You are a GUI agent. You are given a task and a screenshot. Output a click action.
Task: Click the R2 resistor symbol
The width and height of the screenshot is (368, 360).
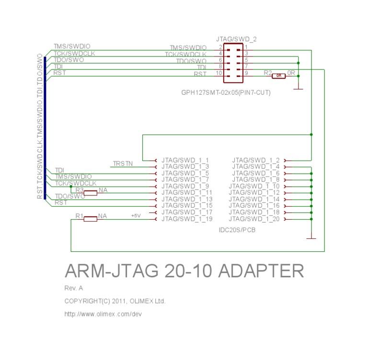tap(278, 76)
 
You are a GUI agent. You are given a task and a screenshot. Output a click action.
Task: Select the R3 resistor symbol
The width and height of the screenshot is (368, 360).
tap(90, 193)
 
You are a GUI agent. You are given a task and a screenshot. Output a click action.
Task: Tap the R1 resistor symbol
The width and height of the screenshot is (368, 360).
tap(90, 219)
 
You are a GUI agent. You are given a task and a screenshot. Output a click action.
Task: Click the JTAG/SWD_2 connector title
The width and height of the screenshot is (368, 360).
tap(236, 39)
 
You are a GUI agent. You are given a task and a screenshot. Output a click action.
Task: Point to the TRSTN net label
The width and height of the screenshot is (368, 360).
tap(123, 164)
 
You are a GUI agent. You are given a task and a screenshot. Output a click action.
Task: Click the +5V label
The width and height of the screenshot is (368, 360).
tap(136, 216)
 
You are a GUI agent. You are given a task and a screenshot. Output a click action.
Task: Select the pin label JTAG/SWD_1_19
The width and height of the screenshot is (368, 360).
tap(187, 219)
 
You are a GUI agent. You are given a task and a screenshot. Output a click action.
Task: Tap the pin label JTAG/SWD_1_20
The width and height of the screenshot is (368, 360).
tap(254, 219)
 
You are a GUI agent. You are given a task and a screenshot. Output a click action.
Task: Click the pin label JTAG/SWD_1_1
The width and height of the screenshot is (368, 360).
tap(185, 160)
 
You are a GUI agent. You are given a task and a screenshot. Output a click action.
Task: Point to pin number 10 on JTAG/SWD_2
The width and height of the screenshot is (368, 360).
tap(219, 73)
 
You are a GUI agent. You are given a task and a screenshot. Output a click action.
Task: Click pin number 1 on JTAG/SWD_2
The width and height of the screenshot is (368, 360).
tap(246, 47)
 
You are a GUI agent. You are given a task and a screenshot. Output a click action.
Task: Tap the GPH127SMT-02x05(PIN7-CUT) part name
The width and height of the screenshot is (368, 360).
tap(226, 92)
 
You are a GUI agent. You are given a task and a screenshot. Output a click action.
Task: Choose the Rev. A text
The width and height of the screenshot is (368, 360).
tap(74, 288)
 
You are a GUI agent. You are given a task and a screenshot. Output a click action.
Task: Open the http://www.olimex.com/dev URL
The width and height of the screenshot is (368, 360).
tap(103, 314)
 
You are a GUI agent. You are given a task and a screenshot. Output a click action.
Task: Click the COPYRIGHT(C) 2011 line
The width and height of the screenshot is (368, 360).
tap(115, 301)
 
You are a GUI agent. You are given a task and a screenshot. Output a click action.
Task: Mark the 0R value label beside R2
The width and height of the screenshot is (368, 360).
tap(291, 73)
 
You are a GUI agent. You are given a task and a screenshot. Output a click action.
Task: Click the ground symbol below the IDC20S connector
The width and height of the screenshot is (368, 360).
tap(311, 237)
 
